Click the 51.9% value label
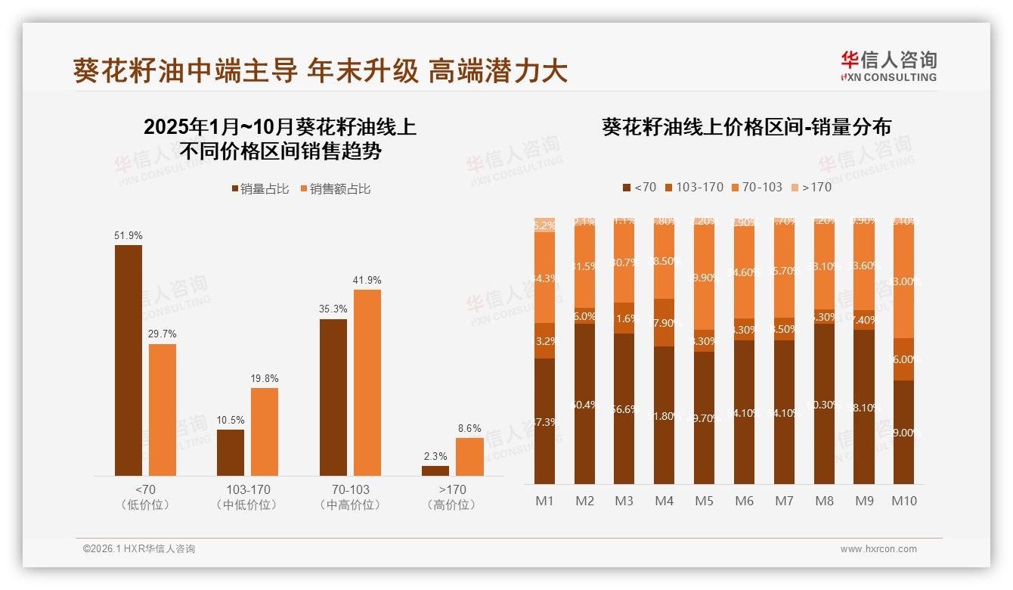tap(129, 236)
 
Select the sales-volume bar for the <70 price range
tap(129, 360)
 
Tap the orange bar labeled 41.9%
tap(367, 382)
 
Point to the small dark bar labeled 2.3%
tap(435, 470)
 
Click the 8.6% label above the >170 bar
tap(469, 428)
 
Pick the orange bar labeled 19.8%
tap(265, 431)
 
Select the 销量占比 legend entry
tap(259, 189)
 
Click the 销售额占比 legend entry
tap(335, 189)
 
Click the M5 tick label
tap(704, 501)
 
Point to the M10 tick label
tap(903, 501)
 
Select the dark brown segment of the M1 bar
tap(545, 421)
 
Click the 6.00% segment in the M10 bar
tap(903, 359)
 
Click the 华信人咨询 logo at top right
tap(888, 66)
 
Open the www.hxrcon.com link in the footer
tap(878, 549)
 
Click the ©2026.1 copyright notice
tap(139, 549)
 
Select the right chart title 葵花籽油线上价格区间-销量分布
tap(746, 127)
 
